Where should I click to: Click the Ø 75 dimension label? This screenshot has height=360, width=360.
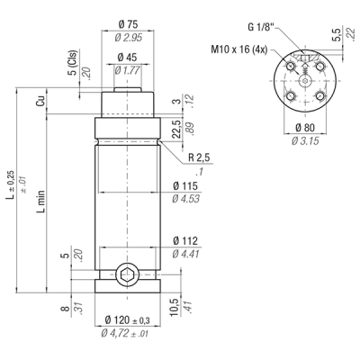[128, 24]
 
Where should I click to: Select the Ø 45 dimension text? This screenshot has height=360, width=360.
[127, 57]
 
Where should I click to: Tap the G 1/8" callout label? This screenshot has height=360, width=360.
[261, 27]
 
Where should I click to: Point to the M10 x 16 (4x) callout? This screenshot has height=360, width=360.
[238, 49]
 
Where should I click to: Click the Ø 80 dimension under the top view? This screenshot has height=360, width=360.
[305, 128]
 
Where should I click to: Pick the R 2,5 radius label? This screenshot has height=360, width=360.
[199, 157]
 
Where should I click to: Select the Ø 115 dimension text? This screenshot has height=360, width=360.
[185, 186]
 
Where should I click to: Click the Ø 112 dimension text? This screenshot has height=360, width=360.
[185, 241]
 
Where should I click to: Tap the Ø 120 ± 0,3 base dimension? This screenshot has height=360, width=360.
[128, 320]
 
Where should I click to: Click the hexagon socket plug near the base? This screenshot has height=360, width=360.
[127, 274]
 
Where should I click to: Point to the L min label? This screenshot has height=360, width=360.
[41, 202]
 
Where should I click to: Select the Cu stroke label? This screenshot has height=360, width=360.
[40, 101]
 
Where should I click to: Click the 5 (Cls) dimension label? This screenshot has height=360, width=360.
[73, 63]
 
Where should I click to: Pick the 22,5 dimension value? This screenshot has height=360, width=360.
[177, 129]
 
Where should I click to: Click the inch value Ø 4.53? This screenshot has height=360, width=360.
[185, 199]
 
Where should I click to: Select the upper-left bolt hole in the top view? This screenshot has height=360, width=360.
[290, 67]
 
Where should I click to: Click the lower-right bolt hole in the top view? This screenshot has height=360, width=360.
[319, 96]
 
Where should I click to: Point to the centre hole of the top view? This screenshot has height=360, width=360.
[305, 81]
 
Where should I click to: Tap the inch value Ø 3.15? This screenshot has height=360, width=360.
[305, 140]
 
